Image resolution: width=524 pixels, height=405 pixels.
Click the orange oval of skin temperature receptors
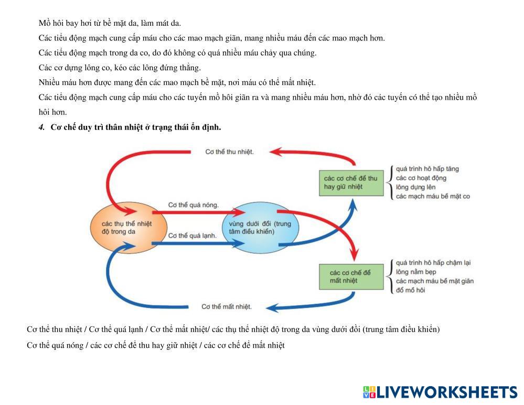129,227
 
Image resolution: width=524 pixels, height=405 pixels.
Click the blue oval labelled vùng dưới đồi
260,228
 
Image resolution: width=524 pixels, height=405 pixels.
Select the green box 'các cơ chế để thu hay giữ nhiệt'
351,183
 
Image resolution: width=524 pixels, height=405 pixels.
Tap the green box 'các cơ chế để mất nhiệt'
351,276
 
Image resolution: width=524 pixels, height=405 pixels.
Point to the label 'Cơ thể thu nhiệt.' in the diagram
229,152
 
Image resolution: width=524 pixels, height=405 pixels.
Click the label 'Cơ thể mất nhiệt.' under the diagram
227,306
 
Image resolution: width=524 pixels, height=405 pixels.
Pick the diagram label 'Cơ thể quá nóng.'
193,205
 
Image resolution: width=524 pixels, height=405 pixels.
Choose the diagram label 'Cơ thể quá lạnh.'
193,236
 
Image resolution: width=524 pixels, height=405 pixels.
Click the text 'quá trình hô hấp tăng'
427,169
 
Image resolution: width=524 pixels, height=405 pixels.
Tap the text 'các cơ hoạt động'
421,178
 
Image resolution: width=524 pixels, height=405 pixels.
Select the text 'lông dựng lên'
415,187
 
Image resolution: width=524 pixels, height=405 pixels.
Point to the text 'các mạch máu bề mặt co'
433,196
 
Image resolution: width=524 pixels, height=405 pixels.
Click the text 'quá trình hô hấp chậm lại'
433,262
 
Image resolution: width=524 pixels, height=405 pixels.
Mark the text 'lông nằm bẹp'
416,272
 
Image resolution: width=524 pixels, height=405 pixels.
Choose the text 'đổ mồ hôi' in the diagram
411,290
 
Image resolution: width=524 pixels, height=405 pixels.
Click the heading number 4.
41,127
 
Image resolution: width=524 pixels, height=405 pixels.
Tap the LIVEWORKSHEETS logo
440,392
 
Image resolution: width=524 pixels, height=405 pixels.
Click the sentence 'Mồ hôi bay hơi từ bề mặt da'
110,23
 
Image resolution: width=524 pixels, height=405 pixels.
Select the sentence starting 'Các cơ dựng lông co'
120,68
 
